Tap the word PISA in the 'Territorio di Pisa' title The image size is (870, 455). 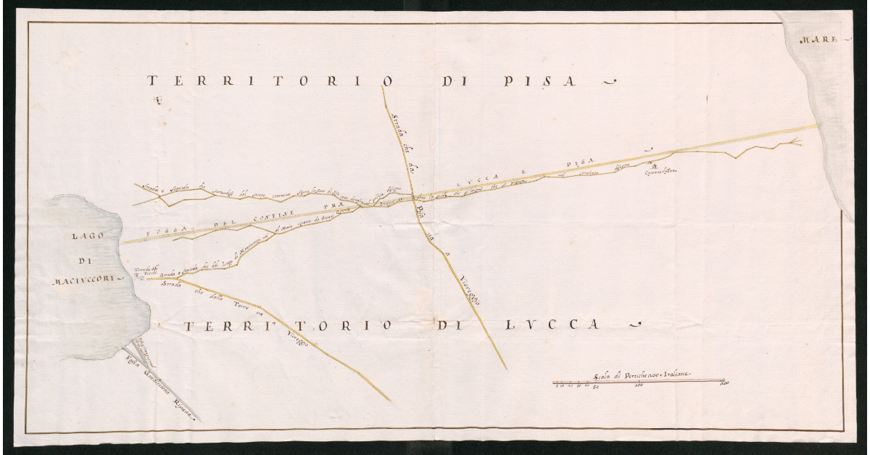coord(540,81)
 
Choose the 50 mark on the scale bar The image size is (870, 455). coord(596,387)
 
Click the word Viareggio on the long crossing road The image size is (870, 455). coord(470,291)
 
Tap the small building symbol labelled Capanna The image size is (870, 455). coord(651,164)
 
